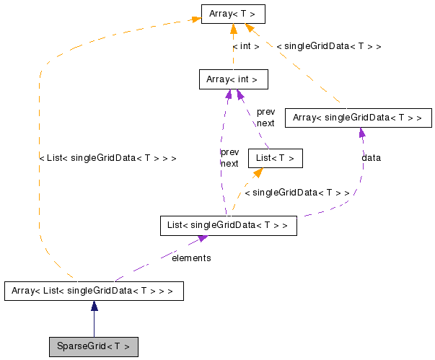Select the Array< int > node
(x=228, y=79)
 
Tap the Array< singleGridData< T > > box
(x=359, y=118)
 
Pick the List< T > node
(x=274, y=158)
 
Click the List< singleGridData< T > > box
(x=228, y=226)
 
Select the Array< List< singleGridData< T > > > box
(x=94, y=291)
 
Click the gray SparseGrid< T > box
(x=93, y=346)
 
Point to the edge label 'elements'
(x=191, y=258)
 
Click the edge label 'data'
(x=372, y=157)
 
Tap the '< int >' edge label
(x=245, y=46)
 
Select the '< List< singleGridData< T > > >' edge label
(x=107, y=157)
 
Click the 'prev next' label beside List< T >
(x=265, y=118)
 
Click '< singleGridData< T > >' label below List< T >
(x=296, y=193)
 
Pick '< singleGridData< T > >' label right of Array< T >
(x=328, y=46)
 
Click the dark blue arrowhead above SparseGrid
(x=94, y=306)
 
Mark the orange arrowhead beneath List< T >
(x=257, y=173)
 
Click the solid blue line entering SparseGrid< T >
(x=94, y=325)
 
